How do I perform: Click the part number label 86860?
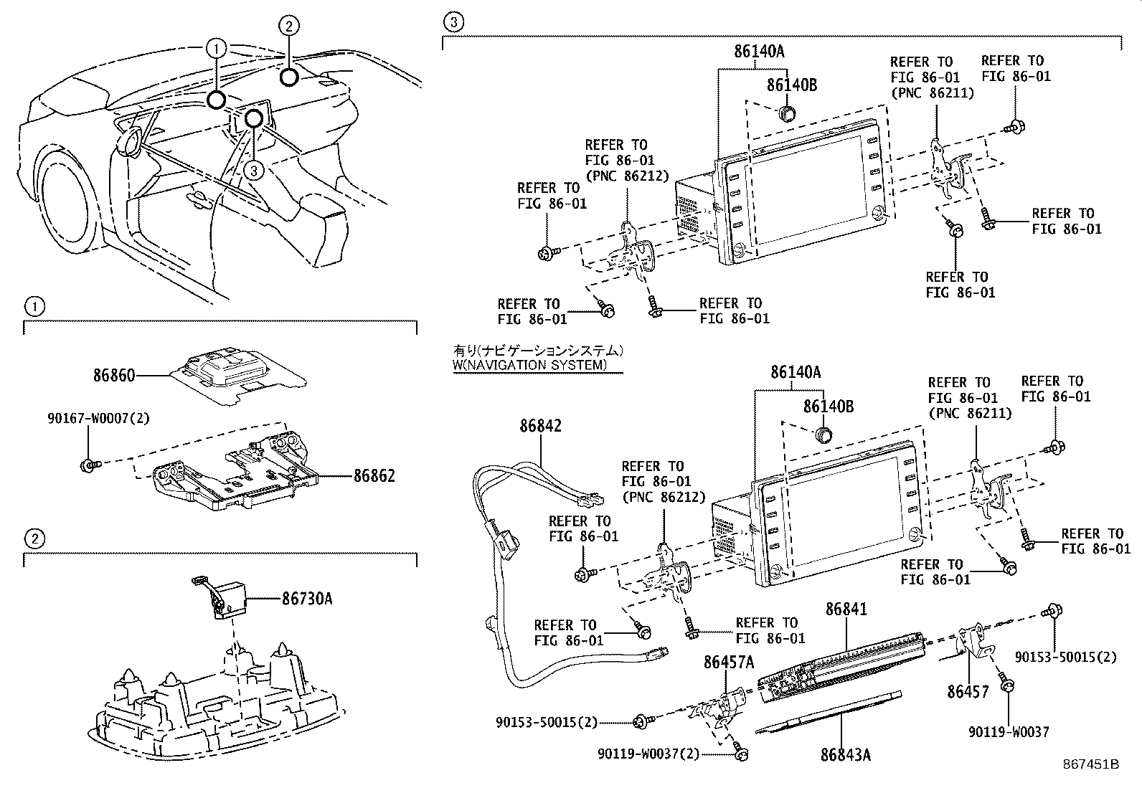coord(113,375)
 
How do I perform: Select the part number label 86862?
coord(374,476)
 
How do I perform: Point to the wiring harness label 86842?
coord(541,426)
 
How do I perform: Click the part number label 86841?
coord(846,609)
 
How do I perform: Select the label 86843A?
coord(846,755)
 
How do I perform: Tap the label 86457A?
coord(728,663)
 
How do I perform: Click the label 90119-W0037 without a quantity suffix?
coord(1008,732)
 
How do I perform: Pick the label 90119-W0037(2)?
coord(648,754)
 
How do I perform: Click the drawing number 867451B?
coord(1091,764)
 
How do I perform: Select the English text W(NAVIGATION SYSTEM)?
coord(529,365)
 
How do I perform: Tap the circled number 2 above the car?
coord(288,27)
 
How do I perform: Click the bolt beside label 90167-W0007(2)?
coord(88,465)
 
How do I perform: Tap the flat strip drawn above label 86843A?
coord(825,714)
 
